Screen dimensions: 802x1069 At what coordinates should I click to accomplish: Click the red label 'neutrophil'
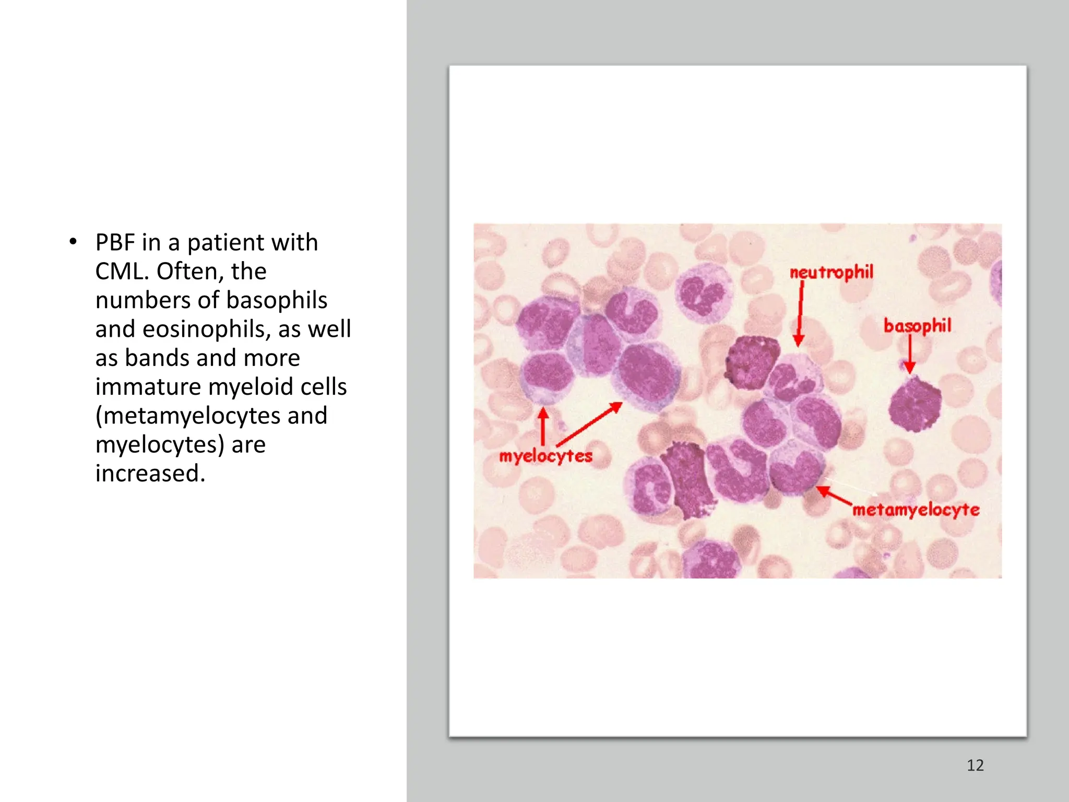(x=831, y=273)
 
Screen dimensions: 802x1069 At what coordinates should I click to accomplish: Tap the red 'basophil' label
(x=917, y=326)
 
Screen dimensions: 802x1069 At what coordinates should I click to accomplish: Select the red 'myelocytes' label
(x=545, y=456)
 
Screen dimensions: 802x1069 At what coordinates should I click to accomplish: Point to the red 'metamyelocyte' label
(x=916, y=510)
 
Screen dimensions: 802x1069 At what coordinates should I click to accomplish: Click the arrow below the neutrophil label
(x=800, y=313)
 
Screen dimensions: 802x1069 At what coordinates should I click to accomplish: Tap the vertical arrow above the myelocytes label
(x=543, y=426)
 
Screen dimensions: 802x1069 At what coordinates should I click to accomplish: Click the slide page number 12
(x=975, y=765)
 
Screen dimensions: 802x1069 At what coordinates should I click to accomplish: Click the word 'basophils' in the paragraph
(x=277, y=300)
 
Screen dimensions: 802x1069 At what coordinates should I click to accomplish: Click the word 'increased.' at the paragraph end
(x=150, y=474)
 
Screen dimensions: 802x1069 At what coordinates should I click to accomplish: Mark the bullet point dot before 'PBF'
(x=73, y=242)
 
